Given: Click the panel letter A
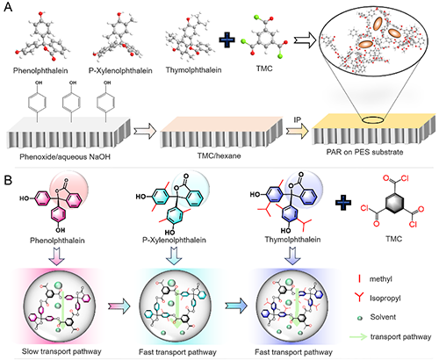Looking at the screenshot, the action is tap(8, 6).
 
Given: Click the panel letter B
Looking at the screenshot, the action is tap(8, 180).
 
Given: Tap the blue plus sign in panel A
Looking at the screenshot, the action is tap(227, 40).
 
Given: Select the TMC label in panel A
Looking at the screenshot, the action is tap(264, 68).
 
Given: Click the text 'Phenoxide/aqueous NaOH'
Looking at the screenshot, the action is tap(65, 157).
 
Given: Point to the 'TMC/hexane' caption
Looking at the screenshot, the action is tap(219, 155).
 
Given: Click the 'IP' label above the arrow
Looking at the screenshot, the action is tap(298, 120).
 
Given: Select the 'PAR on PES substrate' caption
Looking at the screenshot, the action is tap(364, 152).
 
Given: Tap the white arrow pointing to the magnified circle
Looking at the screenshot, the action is tap(306, 41).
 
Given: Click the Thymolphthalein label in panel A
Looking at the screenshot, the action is tap(193, 70).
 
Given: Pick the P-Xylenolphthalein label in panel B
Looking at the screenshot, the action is tap(174, 240).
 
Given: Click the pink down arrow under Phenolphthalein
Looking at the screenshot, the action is tap(57, 256).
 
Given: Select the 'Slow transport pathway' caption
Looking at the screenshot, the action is tap(61, 351).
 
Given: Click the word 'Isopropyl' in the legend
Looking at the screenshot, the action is tap(385, 299).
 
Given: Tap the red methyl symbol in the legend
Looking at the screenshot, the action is tap(359, 279).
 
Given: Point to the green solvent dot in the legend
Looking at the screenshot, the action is tap(360, 318).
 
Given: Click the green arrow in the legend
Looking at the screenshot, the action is tap(358, 336).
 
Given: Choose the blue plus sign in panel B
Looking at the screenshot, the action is tap(343, 203).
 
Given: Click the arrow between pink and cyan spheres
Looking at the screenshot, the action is tap(119, 306).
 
